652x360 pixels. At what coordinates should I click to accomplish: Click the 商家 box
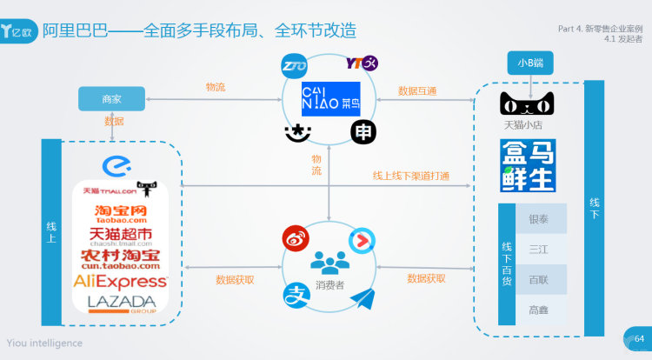tap(110, 99)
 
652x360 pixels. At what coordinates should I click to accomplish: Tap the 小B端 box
tap(530, 63)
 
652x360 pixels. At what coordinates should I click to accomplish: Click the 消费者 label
tap(329, 284)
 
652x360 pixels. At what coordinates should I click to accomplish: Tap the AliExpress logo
tap(120, 281)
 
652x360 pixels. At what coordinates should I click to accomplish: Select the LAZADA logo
tap(121, 303)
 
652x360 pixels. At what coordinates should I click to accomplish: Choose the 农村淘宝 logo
tap(120, 258)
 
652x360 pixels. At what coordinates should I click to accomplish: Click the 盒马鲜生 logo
tap(527, 165)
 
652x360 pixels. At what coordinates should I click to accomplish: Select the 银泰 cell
tap(539, 219)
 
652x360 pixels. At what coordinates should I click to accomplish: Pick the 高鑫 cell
tap(539, 309)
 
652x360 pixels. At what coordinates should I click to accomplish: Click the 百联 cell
tap(539, 279)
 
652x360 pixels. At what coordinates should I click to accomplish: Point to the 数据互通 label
tap(417, 90)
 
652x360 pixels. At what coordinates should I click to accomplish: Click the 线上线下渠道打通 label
tap(411, 176)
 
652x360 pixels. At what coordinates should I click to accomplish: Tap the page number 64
tap(639, 338)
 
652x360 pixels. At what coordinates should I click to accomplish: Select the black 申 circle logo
tap(363, 131)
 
